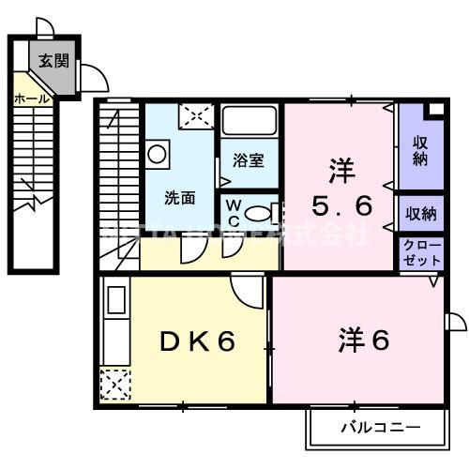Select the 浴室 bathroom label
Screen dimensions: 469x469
[249, 159]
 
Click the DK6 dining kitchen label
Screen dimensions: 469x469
[196, 342]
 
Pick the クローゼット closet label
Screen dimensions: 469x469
[419, 252]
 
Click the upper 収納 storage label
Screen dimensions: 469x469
[419, 150]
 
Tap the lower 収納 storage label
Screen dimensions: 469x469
[421, 214]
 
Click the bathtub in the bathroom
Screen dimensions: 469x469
[249, 123]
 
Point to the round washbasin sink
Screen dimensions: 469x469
[157, 151]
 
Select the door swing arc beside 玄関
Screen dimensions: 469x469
[92, 77]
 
